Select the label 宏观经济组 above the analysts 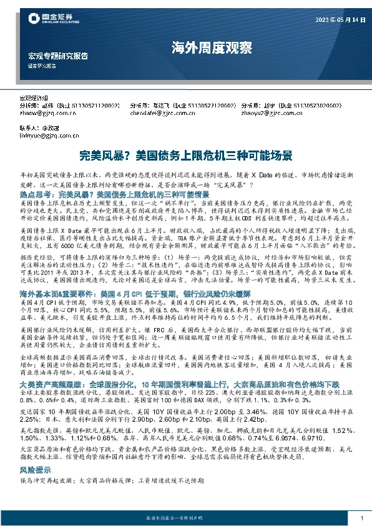[34, 98]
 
